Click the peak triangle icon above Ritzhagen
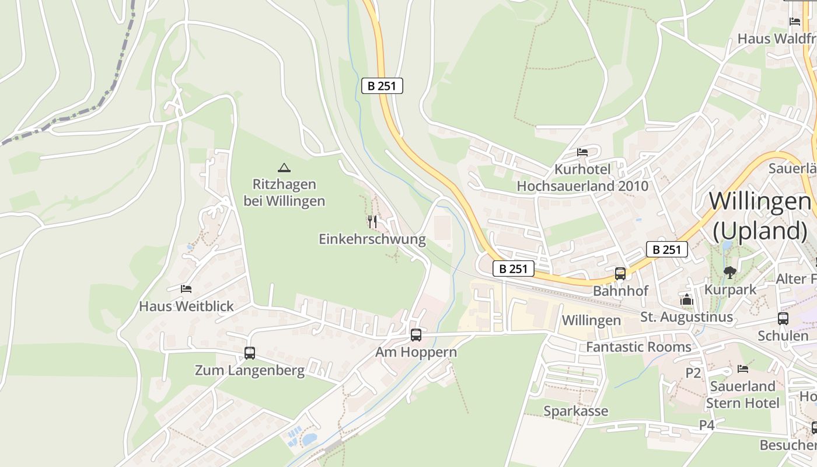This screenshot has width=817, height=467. pos(284,168)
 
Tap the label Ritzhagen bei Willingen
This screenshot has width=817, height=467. pos(284,193)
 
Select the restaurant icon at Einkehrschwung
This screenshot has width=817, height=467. pos(373,222)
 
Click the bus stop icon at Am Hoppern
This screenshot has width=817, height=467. pos(416,335)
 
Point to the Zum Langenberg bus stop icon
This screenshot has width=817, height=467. pos(250,353)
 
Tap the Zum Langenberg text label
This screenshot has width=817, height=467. pos(250,371)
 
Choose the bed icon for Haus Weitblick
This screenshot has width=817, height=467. pos(186,288)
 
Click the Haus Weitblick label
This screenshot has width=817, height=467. pos(186,306)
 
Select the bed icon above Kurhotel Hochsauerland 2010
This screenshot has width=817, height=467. pos(582,152)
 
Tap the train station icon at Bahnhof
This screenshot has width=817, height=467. pos(620,273)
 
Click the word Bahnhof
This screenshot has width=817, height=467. pos(620,291)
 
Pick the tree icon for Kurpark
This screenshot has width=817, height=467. pos(729,272)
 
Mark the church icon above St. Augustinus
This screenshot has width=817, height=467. pos(686,301)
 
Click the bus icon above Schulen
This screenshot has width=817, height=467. pos(783,319)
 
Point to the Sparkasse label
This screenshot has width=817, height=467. pos(575,411)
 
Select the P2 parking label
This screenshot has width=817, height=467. pos(693,373)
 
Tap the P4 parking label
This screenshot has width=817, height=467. pos(707,425)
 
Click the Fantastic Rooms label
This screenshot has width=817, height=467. pos(638,347)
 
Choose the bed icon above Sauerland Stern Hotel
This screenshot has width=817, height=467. pos(742,369)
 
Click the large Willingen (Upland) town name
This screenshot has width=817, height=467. pos(759,216)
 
